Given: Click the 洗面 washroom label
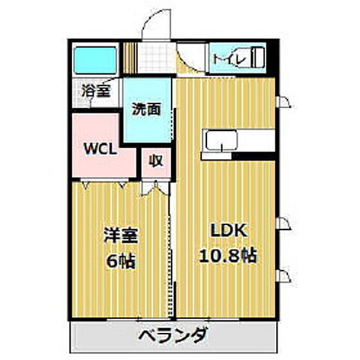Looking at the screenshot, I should pyautogui.click(x=146, y=108).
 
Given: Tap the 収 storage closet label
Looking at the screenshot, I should pyautogui.click(x=155, y=160).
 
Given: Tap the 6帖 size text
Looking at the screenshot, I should pyautogui.click(x=120, y=262).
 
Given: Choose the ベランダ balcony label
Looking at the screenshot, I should pyautogui.click(x=173, y=334).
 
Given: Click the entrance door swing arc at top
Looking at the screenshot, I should pyautogui.click(x=154, y=25).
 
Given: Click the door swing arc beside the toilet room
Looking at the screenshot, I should pyautogui.click(x=193, y=63).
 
